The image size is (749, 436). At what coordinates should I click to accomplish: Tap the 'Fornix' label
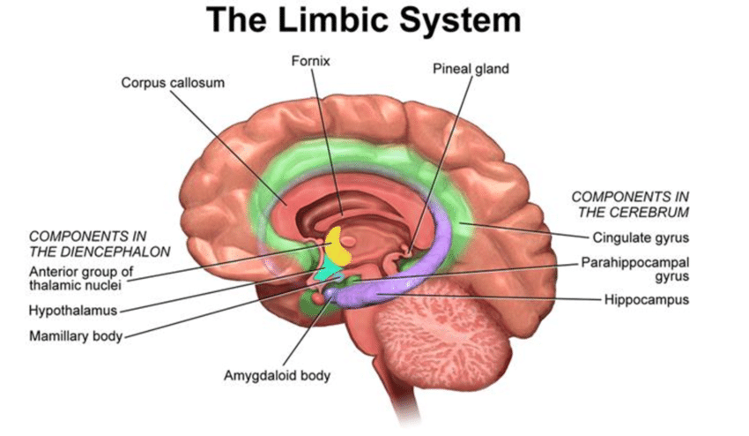click(311, 62)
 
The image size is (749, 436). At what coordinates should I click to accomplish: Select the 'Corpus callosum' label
click(173, 82)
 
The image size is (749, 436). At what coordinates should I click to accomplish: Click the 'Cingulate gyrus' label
click(641, 237)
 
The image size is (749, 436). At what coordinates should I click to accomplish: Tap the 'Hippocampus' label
click(646, 300)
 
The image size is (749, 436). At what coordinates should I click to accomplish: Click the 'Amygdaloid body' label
click(277, 376)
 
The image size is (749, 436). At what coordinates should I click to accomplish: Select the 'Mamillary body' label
click(75, 336)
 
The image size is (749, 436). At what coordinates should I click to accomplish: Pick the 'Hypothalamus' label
click(73, 311)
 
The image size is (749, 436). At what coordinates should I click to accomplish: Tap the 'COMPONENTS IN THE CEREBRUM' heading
click(630, 204)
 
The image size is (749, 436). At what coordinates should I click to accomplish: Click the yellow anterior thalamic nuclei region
click(337, 246)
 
